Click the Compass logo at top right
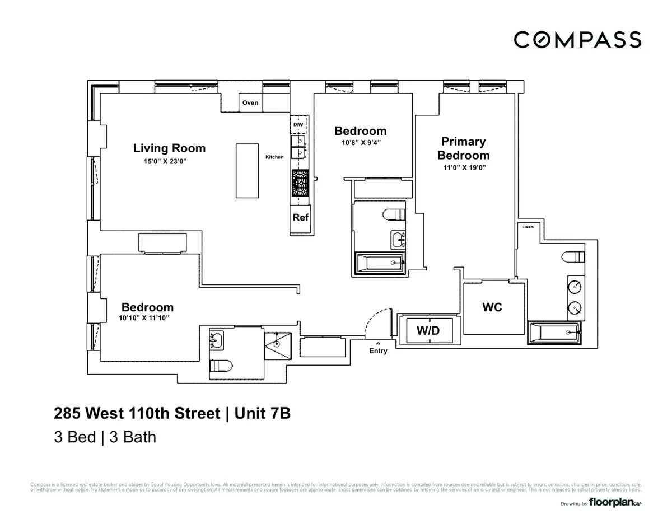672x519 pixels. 577,40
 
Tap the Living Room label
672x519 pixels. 169,148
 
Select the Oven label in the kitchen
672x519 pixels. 250,102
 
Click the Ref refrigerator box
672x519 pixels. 301,217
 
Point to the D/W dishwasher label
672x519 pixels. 298,124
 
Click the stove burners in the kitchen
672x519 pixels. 298,183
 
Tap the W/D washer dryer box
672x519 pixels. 428,331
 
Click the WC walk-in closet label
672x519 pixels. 492,307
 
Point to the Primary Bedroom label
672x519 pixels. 463,148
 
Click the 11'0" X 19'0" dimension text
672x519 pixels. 463,167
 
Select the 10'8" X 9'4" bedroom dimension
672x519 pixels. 361,142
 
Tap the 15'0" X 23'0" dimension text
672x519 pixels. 165,161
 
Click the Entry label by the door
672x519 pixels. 378,351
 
